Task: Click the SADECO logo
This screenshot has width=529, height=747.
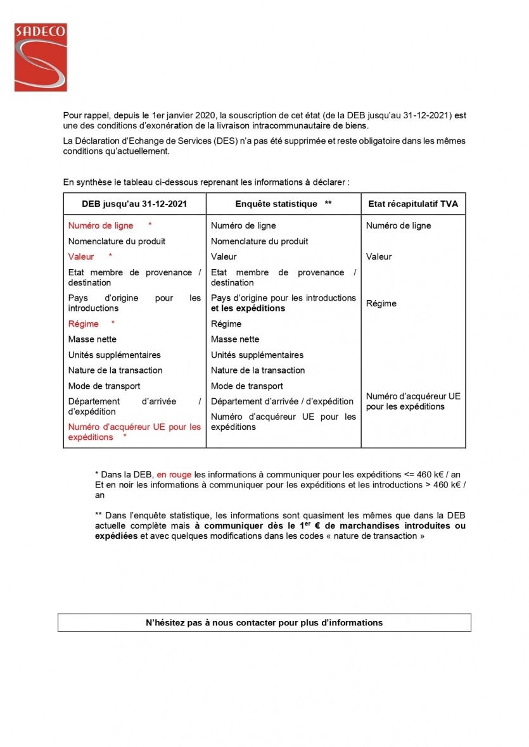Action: click(41, 57)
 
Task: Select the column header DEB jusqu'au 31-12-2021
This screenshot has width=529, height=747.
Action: click(134, 204)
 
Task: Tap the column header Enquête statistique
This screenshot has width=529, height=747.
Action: click(276, 204)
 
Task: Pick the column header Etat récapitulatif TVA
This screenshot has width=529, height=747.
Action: click(413, 204)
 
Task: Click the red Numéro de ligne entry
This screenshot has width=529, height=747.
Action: click(101, 225)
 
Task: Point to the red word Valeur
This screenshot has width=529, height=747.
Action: click(81, 256)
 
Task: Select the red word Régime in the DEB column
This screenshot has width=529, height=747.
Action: click(84, 323)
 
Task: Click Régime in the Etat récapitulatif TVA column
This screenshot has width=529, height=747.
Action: click(381, 303)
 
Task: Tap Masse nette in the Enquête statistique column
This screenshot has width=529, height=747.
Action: click(235, 339)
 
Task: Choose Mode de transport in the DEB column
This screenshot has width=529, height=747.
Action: click(105, 386)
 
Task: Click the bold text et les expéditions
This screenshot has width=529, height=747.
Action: click(248, 308)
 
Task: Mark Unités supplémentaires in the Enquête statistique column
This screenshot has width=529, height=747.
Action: click(257, 355)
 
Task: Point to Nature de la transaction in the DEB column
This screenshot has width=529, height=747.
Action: click(115, 370)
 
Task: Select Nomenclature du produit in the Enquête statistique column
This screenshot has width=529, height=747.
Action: click(260, 241)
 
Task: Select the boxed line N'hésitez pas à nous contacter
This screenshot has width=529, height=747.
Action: click(264, 622)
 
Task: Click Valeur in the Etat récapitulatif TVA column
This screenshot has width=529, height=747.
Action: click(379, 256)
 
